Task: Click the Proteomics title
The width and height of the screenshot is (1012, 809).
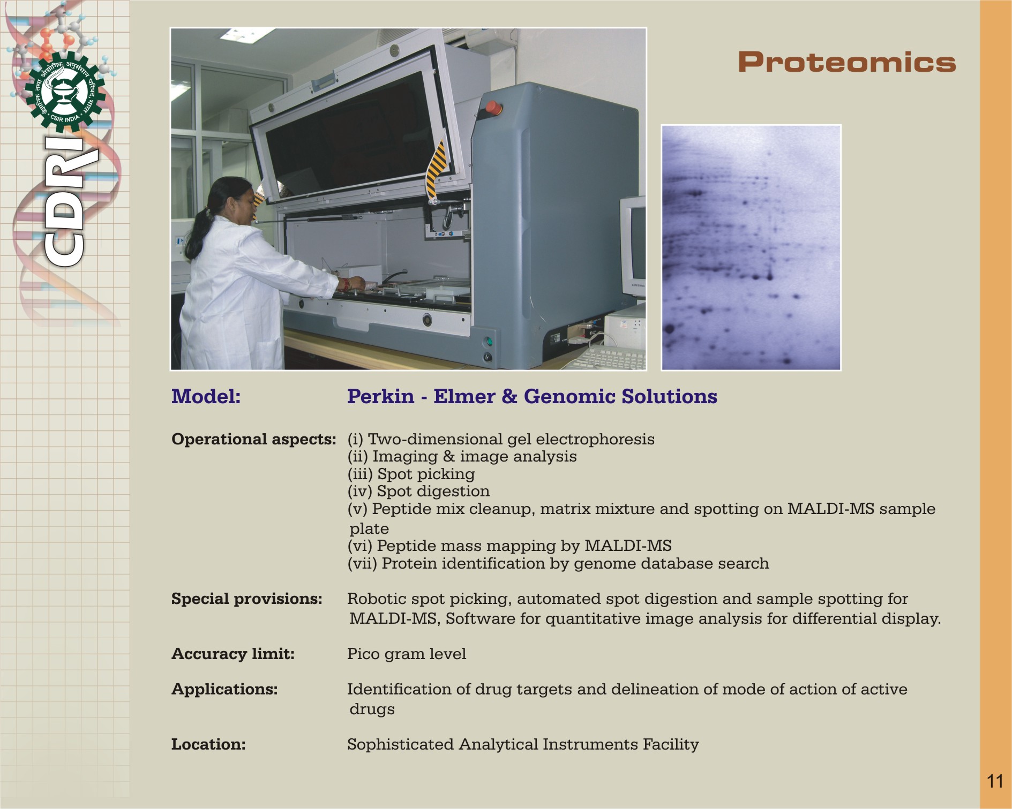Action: click(847, 62)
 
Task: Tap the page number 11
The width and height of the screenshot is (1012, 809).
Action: click(995, 781)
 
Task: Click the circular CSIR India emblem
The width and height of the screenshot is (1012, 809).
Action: click(65, 92)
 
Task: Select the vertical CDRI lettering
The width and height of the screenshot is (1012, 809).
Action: click(65, 201)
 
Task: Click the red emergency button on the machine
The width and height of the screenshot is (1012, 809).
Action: click(493, 108)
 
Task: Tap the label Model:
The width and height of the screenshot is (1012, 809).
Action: click(206, 397)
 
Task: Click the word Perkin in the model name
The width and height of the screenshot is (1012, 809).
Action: click(380, 397)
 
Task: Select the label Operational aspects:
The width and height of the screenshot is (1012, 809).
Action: click(254, 440)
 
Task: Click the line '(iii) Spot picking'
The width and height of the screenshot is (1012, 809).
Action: click(411, 474)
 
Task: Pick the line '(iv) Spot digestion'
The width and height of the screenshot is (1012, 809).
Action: click(418, 491)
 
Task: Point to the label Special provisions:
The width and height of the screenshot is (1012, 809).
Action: click(247, 599)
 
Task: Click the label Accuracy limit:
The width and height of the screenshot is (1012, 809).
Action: click(233, 654)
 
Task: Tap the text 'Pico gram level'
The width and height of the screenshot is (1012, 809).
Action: click(407, 654)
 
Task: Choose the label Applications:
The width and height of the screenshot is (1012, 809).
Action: click(224, 690)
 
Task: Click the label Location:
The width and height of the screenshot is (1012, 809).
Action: click(208, 744)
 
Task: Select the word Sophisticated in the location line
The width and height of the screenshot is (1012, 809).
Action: click(401, 745)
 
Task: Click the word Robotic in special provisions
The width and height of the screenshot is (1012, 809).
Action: click(377, 599)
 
